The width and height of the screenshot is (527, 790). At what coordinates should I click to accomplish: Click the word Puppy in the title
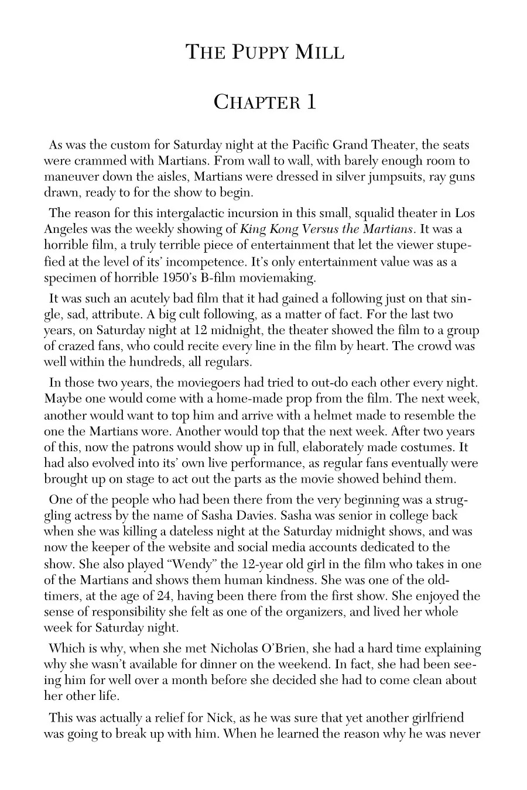253,53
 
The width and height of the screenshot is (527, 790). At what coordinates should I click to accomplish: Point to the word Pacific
307,145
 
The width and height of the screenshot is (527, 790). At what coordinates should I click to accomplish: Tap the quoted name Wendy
173,564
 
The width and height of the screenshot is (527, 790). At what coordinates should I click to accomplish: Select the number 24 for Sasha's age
162,596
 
